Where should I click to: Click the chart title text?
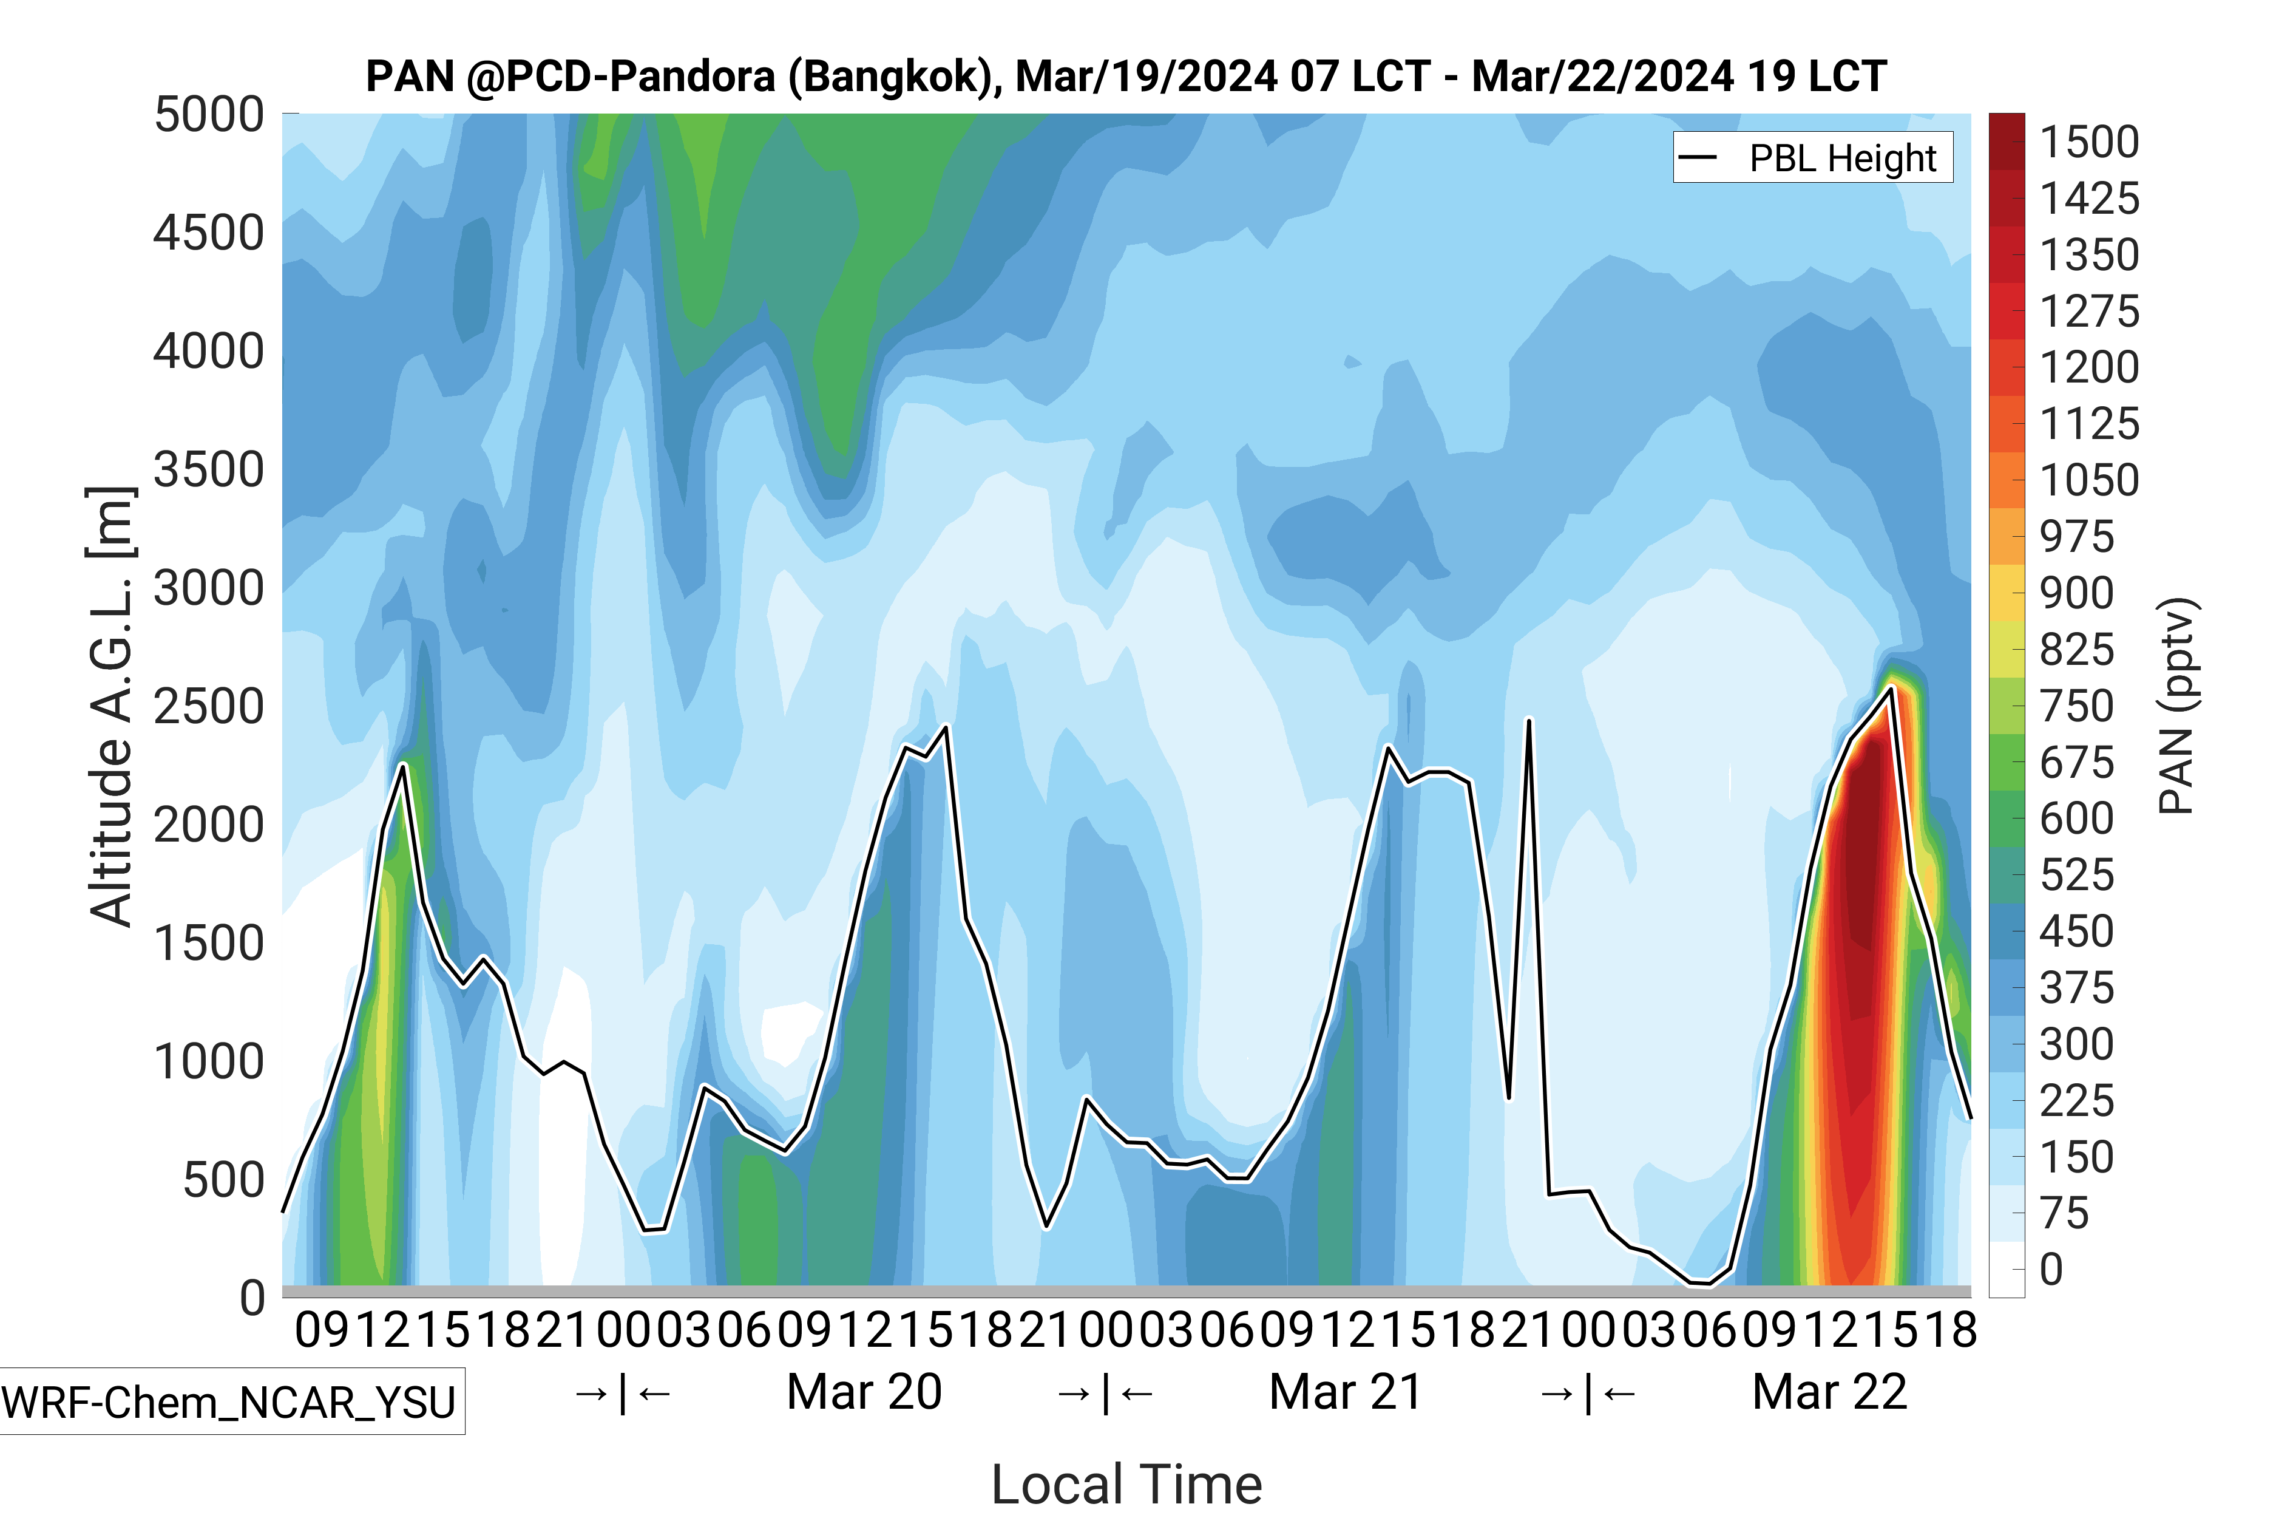pos(1125,75)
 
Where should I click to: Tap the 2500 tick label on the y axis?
pos(209,707)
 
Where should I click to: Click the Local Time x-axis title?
pos(1126,1483)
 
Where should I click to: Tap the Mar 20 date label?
pos(864,1392)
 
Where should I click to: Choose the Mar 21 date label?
pos(1346,1392)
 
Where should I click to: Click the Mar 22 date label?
pos(1829,1392)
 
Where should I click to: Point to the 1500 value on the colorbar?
pos(2088,142)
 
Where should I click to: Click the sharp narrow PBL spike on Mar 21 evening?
pos(1529,721)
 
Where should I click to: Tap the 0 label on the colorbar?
pos(2051,1269)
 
